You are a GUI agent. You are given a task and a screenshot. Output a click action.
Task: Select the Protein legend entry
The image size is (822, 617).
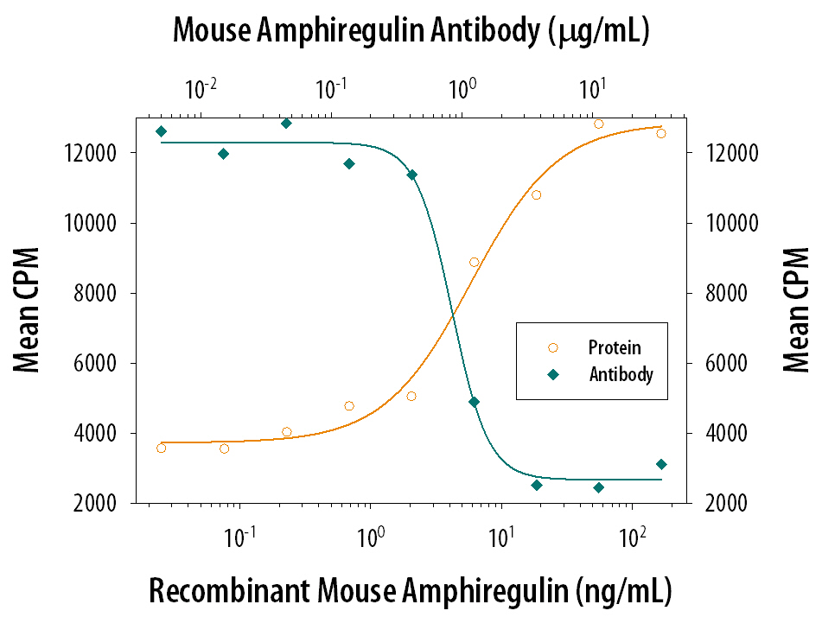[615, 347]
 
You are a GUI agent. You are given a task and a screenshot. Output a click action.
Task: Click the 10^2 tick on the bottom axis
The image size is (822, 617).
[633, 537]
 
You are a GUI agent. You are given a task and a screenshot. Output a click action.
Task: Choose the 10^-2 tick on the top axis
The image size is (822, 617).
[201, 88]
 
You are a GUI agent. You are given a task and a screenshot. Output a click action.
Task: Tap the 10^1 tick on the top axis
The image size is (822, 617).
[592, 88]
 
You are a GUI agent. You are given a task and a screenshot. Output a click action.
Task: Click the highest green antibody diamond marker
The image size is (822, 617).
[286, 123]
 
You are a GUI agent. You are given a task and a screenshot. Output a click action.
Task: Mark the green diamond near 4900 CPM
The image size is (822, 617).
[474, 402]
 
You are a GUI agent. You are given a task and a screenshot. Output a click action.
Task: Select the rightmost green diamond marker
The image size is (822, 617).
[661, 464]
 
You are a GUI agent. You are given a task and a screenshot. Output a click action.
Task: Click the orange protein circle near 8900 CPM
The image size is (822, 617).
[474, 262]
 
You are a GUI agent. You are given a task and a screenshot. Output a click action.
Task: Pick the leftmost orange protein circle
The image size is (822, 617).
[161, 448]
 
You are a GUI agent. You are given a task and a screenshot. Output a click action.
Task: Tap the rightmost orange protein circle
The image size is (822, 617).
[661, 133]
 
